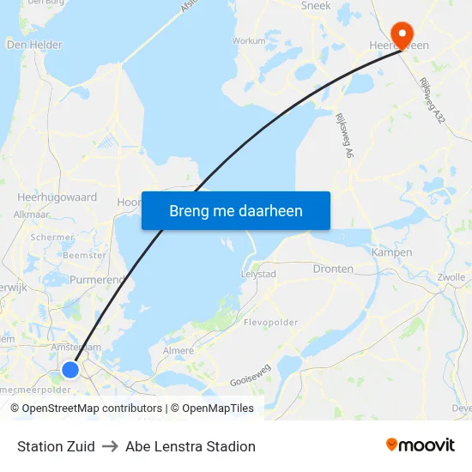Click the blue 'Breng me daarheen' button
click(236, 210)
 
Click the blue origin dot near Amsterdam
click(70, 370)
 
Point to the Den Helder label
click(34, 45)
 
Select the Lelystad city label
click(259, 274)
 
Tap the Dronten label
click(333, 269)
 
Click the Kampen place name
click(391, 252)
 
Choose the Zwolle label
click(450, 277)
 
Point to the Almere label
click(178, 351)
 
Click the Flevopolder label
click(270, 323)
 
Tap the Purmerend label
click(98, 280)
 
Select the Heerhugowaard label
click(57, 197)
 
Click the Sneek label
click(316, 6)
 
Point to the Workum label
click(249, 40)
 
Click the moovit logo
click(421, 445)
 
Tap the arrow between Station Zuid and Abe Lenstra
click(110, 446)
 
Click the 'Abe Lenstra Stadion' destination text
click(191, 446)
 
